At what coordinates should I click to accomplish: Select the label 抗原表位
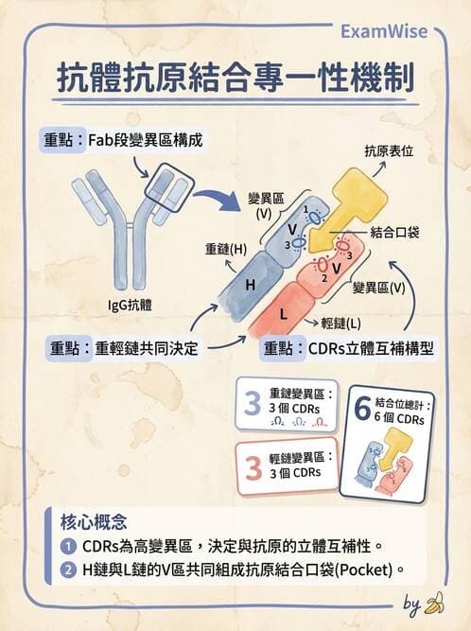coord(388,150)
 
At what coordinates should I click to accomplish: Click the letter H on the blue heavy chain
coord(250,285)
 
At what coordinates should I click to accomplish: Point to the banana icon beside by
coord(435,602)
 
